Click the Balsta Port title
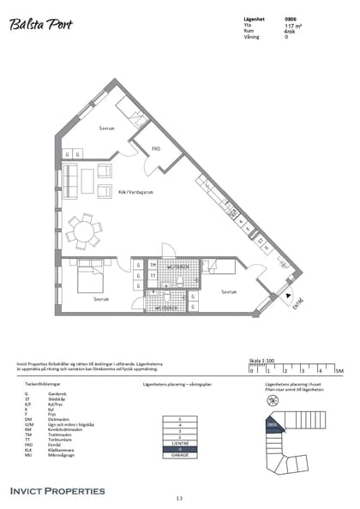(40, 25)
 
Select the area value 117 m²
(292, 27)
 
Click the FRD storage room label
(156, 148)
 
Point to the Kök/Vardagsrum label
(135, 192)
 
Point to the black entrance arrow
(285, 293)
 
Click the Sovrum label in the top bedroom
(106, 129)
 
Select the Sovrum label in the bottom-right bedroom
(228, 291)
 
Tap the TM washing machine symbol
(153, 265)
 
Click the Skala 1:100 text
(262, 361)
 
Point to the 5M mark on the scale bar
(339, 370)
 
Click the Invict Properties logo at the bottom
(57, 490)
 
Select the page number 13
(179, 498)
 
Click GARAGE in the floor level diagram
(179, 455)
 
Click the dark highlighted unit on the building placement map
(272, 423)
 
